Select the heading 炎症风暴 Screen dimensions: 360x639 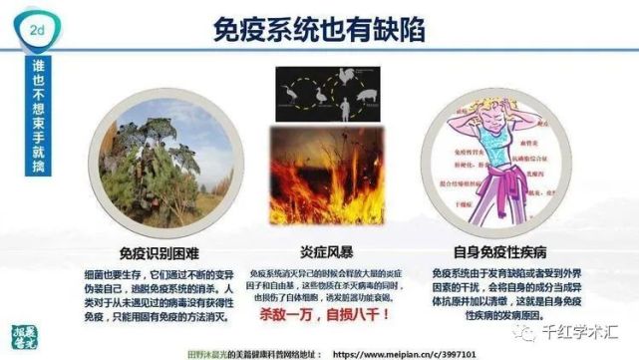point(321,251)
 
